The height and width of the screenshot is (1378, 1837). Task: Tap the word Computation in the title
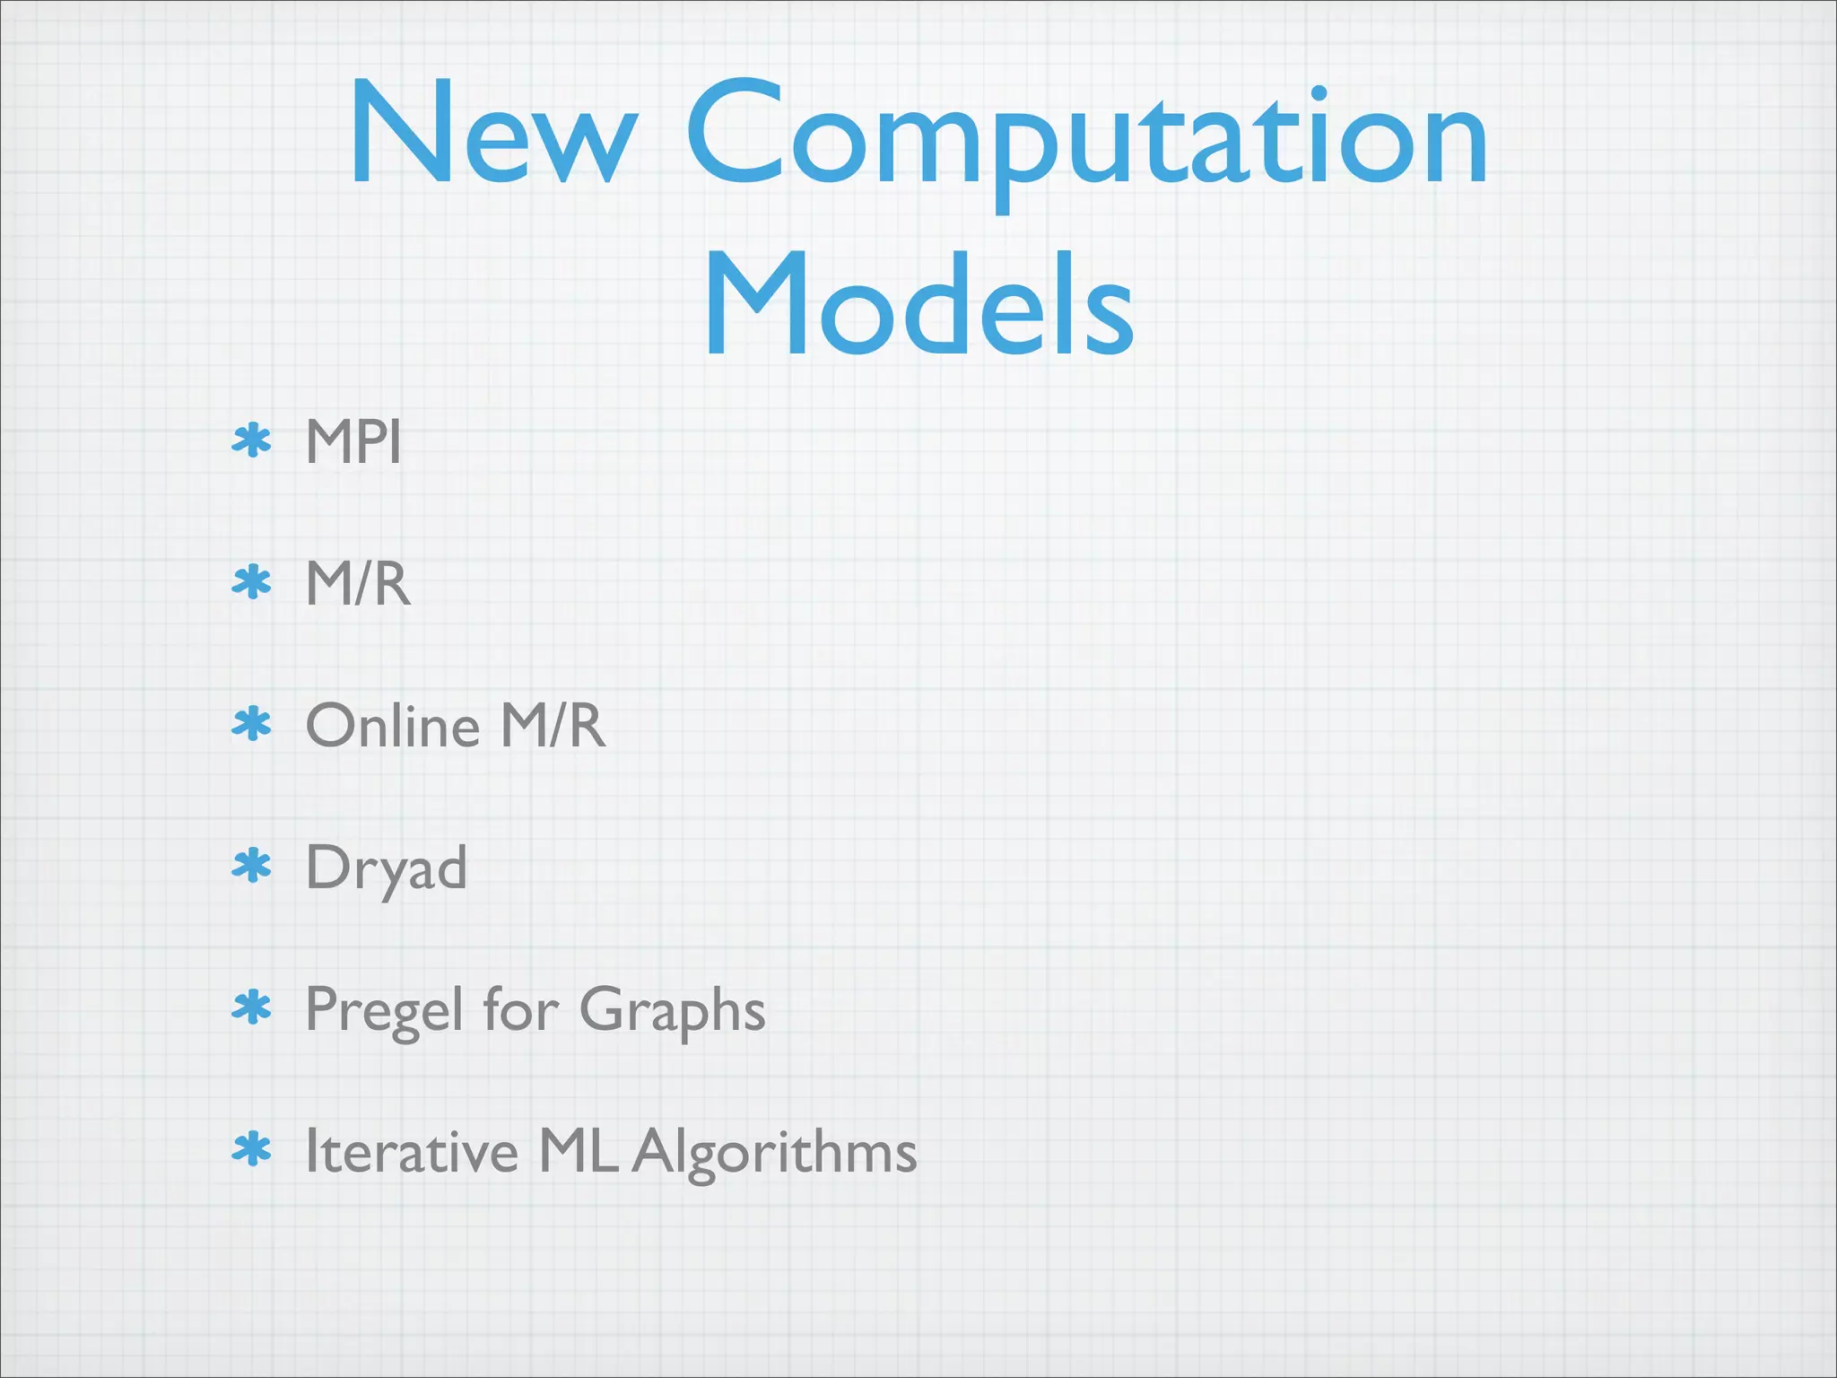pos(1085,139)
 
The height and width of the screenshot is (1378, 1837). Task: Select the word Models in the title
pos(918,305)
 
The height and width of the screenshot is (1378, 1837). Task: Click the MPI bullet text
pos(353,441)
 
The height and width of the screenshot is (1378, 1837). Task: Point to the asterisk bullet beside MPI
pos(251,441)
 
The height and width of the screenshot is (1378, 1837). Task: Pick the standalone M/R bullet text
pos(357,583)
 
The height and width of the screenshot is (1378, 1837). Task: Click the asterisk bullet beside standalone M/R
pos(251,583)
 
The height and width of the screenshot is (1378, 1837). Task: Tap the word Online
pos(393,725)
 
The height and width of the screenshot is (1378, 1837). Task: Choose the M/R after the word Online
pos(553,725)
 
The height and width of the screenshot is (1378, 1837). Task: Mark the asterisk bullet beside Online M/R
pos(251,725)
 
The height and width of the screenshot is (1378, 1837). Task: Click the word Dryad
pos(386,868)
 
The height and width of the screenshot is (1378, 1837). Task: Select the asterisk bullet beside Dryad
pos(251,867)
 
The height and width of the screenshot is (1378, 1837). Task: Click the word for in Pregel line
pos(520,1008)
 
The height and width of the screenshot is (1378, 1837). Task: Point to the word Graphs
pos(673,1010)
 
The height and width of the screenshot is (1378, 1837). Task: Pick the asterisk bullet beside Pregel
pos(251,1008)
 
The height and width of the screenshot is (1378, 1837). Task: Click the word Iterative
pos(411,1151)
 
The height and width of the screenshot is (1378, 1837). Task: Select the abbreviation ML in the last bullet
pos(578,1151)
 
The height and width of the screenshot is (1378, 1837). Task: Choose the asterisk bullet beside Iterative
pos(251,1150)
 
